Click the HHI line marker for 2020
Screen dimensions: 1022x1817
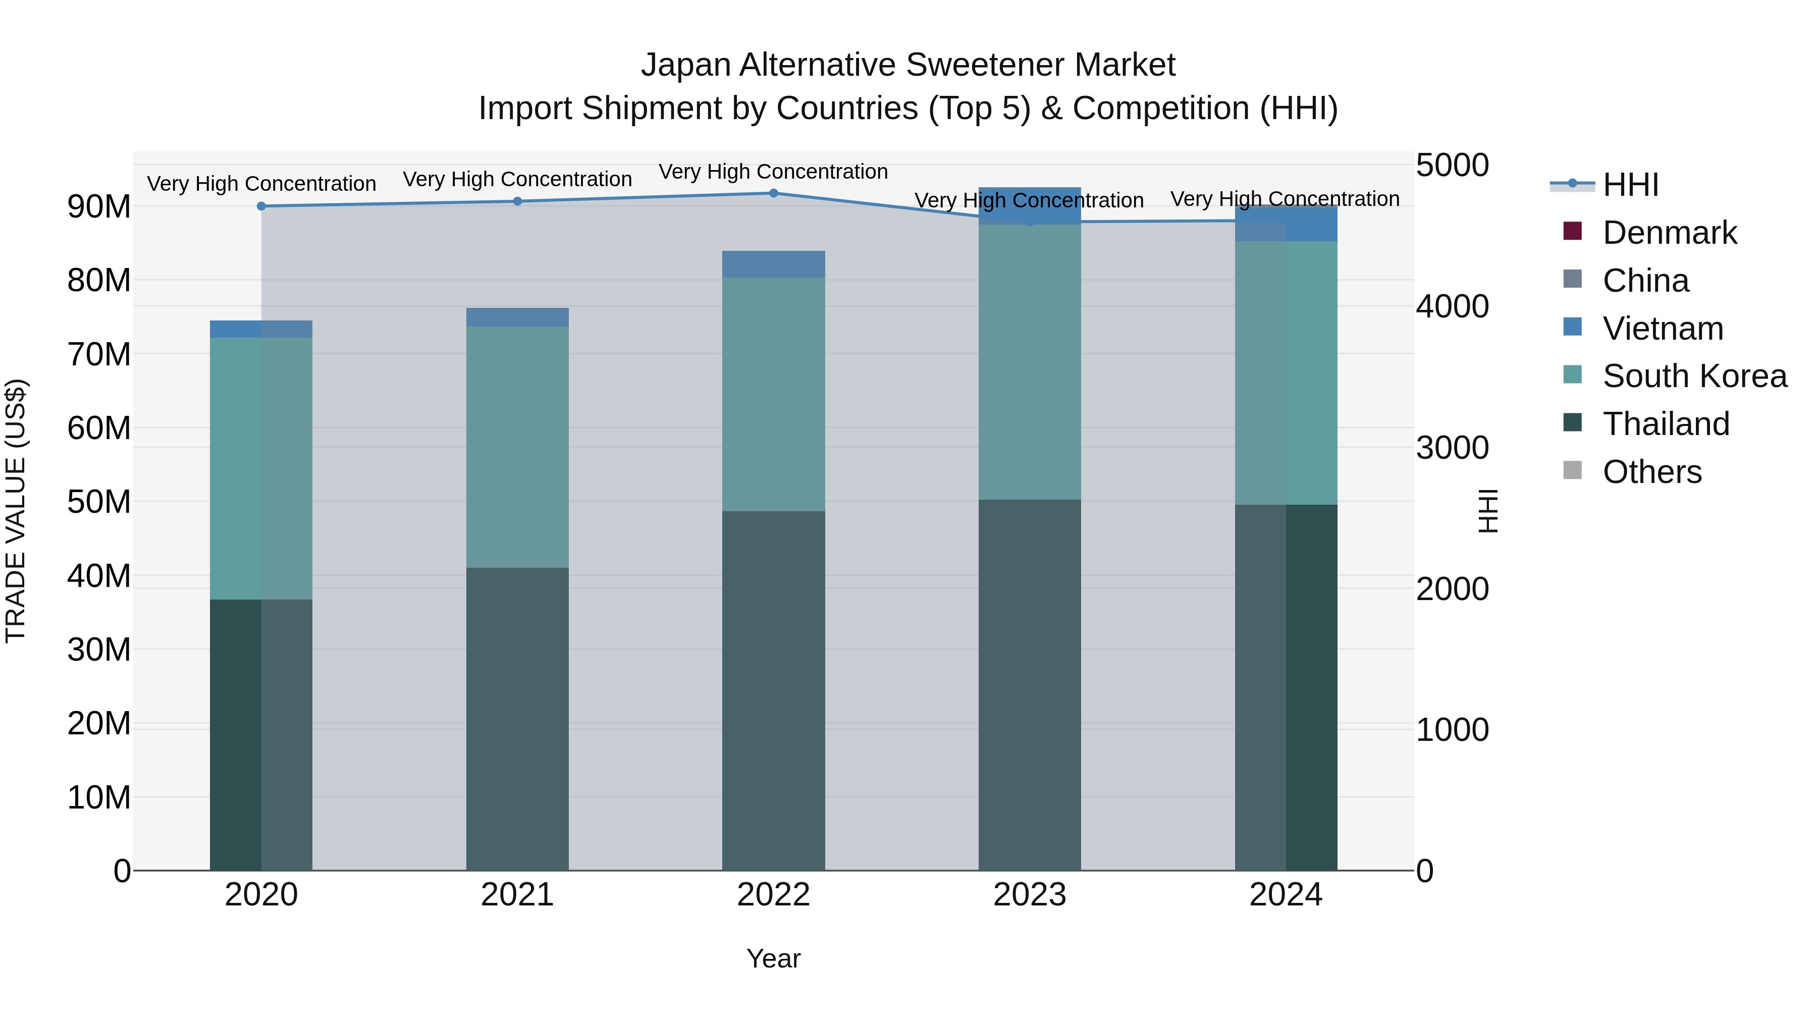tap(261, 206)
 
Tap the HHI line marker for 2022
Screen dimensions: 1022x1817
tap(773, 193)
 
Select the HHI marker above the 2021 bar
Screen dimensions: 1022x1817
tap(517, 201)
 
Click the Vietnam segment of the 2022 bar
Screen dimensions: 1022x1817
tap(773, 264)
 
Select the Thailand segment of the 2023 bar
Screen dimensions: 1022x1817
tap(1029, 684)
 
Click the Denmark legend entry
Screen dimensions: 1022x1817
tap(1669, 233)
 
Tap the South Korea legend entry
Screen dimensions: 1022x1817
tap(1694, 376)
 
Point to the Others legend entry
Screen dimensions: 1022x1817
tap(1651, 472)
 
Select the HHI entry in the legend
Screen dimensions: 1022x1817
tap(1630, 185)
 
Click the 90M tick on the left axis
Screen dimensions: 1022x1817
tap(99, 206)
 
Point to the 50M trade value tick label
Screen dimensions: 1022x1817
tap(99, 502)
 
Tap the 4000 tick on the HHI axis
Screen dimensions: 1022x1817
tap(1452, 307)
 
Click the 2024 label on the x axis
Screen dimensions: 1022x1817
tap(1285, 895)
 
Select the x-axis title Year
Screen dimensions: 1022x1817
tap(773, 958)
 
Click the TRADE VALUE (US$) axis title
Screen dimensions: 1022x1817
tap(16, 511)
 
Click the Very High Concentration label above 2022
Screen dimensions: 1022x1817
tap(773, 172)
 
